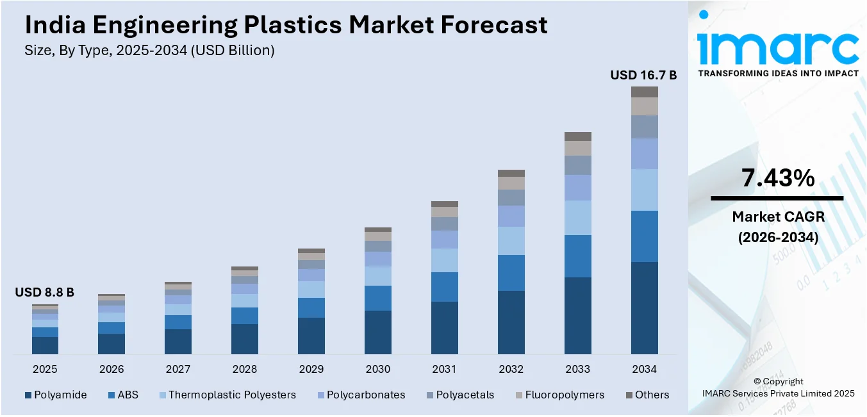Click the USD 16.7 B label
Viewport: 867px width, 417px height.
(x=643, y=76)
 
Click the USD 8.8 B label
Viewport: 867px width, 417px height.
(x=44, y=293)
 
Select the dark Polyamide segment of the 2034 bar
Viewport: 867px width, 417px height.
(x=644, y=307)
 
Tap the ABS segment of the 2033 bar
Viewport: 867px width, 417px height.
(x=577, y=256)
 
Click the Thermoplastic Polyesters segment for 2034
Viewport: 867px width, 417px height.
(x=644, y=190)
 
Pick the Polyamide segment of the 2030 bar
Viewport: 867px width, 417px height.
(x=377, y=332)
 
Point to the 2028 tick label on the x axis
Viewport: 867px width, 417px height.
(x=244, y=370)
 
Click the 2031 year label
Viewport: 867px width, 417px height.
(x=444, y=370)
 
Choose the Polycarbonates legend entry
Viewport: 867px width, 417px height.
(x=365, y=395)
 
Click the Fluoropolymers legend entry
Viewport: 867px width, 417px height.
(x=564, y=395)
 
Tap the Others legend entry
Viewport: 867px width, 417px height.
(x=652, y=395)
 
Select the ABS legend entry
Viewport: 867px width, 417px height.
(x=128, y=395)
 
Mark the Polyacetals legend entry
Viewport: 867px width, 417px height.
(x=465, y=395)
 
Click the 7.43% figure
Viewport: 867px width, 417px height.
(x=778, y=178)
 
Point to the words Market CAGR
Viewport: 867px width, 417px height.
(x=778, y=217)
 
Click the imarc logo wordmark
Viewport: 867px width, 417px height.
(x=778, y=46)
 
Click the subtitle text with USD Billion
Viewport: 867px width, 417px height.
(x=149, y=51)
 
